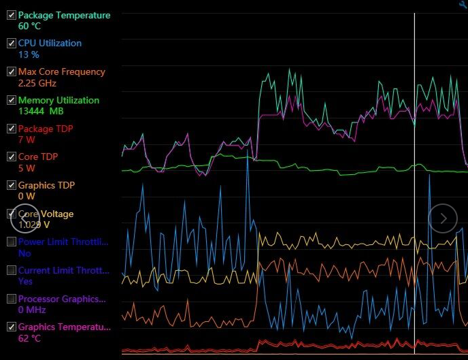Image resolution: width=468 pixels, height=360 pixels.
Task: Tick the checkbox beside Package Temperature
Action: pos(11,15)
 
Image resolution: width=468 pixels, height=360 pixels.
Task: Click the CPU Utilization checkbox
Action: pos(11,43)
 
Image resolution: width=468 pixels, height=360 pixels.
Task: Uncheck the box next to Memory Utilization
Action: pos(11,100)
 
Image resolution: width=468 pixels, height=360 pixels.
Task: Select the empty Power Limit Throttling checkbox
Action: pos(11,242)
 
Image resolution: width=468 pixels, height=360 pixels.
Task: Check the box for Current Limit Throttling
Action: pos(11,270)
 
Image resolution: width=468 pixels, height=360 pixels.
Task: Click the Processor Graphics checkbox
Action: pos(11,299)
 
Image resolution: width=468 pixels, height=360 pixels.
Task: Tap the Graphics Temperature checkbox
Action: pos(11,327)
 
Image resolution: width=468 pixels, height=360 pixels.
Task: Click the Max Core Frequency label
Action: pos(61,71)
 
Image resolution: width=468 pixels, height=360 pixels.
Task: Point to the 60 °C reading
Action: pos(30,27)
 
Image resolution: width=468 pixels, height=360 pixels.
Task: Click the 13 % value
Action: pos(29,54)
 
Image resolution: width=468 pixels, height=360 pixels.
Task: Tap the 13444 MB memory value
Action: pos(41,111)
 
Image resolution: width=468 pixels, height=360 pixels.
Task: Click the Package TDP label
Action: pos(46,129)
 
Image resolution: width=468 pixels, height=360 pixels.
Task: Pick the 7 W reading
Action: pos(27,140)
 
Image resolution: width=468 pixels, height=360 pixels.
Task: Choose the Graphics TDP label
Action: pos(46,185)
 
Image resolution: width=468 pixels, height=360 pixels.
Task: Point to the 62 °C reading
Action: pos(30,338)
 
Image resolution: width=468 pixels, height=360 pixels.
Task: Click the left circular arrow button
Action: pos(24,218)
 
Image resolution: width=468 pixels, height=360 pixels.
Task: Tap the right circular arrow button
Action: pos(443,218)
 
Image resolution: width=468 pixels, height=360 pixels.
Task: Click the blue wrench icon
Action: pos(463,5)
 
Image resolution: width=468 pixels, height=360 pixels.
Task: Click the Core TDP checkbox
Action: pos(11,157)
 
